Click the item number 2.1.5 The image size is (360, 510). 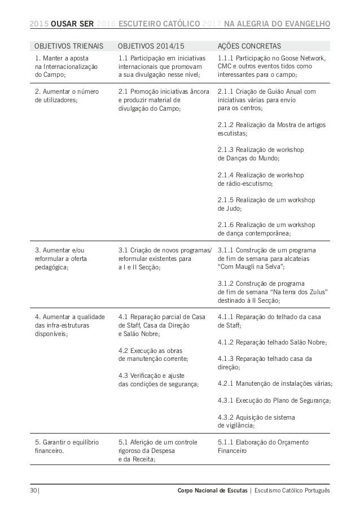pyautogui.click(x=226, y=200)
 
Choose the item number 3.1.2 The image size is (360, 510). pyautogui.click(x=226, y=283)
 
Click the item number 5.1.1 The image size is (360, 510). pyautogui.click(x=226, y=442)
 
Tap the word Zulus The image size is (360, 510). pyautogui.click(x=317, y=291)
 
